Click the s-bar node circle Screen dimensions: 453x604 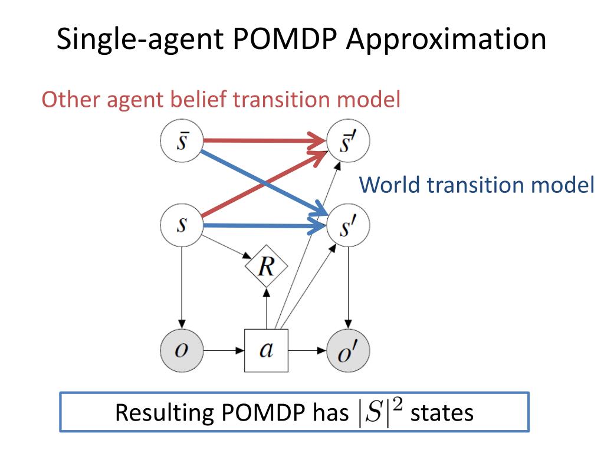click(x=182, y=142)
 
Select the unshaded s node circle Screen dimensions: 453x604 click(x=182, y=225)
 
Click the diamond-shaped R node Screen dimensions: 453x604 click(x=267, y=268)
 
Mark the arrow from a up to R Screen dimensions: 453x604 click(x=267, y=309)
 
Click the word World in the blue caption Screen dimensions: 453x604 click(x=390, y=185)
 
